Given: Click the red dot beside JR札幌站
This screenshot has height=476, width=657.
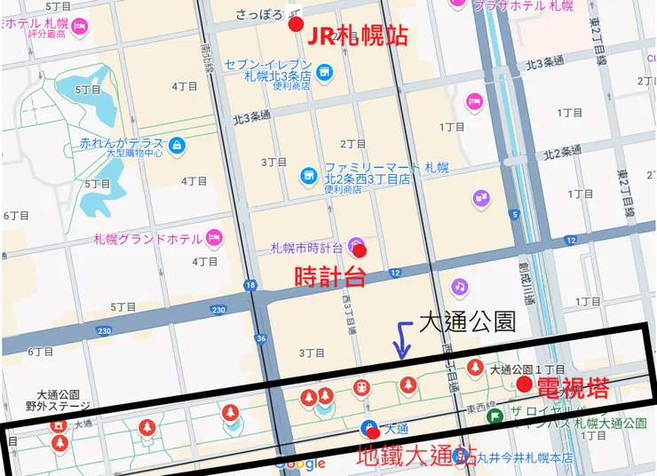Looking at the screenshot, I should (296, 24).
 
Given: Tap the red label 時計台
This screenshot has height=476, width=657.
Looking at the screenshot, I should (329, 277).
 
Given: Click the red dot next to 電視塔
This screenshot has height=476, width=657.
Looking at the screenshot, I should (525, 384).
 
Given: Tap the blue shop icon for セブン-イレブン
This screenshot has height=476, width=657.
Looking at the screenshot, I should (324, 71).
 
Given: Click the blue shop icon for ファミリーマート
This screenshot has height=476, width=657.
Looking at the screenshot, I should (308, 174).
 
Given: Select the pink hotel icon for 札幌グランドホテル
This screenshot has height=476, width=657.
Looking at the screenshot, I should (213, 237).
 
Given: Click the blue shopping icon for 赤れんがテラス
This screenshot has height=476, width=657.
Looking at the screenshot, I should (177, 144).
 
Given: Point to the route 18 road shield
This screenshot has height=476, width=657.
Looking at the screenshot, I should (251, 285).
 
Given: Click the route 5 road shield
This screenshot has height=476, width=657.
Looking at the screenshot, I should (514, 214).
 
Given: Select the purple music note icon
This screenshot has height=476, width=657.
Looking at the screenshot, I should (459, 286).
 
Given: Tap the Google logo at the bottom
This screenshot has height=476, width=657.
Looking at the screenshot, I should (299, 463).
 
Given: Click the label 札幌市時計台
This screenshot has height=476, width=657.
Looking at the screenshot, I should (307, 248).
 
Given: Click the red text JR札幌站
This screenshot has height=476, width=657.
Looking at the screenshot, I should (357, 36).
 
